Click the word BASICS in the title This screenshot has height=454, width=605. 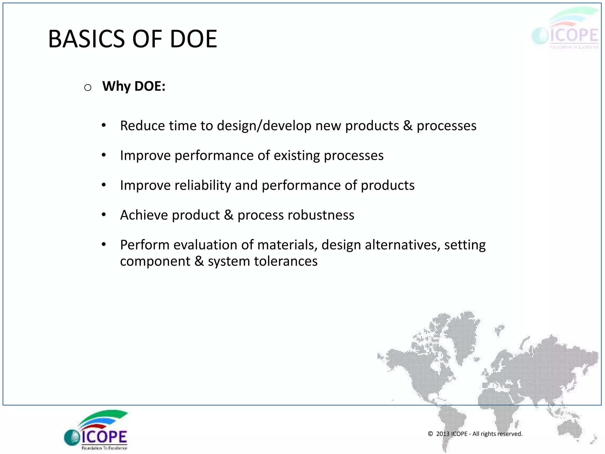click(87, 39)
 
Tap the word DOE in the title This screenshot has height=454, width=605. click(193, 39)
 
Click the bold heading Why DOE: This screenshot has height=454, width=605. click(134, 86)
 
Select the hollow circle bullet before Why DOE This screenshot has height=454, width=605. click(88, 87)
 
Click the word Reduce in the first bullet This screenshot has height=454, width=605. click(142, 126)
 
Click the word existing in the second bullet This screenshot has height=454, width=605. click(297, 156)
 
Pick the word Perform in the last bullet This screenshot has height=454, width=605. click(145, 245)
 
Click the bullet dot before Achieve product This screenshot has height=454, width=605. click(104, 215)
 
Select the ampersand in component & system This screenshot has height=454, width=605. click(199, 261)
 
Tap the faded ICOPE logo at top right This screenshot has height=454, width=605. click(566, 30)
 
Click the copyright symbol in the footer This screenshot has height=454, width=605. click(430, 434)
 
